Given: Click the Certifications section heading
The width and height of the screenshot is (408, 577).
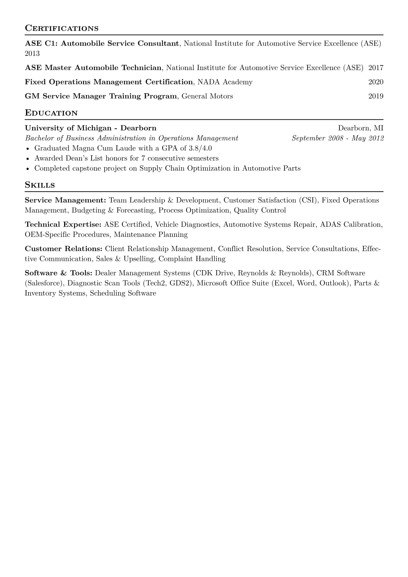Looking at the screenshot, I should tap(62, 28).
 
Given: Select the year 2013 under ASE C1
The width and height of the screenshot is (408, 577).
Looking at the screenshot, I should tap(32, 53).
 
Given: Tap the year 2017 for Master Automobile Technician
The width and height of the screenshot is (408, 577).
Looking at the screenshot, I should tap(376, 68).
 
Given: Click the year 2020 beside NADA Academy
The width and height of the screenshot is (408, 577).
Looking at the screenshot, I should tap(376, 82).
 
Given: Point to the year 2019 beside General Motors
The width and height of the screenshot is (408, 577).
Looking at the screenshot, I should tap(376, 96).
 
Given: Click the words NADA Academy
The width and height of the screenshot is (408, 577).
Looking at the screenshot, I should tap(225, 82).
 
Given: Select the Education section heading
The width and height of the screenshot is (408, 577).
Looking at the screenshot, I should tap(51, 113).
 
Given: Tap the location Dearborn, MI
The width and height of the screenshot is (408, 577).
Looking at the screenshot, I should tap(361, 128).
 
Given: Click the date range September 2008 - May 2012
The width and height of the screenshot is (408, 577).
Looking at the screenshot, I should tap(338, 138).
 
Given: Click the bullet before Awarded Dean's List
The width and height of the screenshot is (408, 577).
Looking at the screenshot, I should tap(28, 159).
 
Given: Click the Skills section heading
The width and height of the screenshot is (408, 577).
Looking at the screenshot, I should tap(40, 185).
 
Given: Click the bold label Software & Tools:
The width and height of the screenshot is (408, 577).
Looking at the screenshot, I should tap(59, 273).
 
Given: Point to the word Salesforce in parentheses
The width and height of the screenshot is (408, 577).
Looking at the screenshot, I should tap(44, 283).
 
